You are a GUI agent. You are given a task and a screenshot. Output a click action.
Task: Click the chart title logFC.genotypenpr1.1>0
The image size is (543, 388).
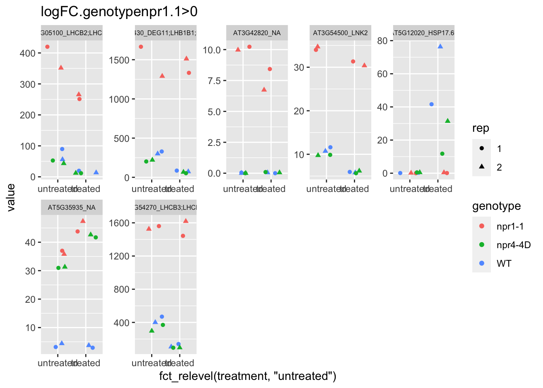(119, 12)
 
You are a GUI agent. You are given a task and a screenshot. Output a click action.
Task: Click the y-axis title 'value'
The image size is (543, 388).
(11, 197)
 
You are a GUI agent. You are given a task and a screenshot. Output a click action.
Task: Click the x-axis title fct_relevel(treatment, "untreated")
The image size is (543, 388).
(248, 376)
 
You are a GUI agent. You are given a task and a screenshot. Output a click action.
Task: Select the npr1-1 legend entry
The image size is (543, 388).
(510, 226)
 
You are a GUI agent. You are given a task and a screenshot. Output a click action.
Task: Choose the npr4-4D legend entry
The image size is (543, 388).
(513, 245)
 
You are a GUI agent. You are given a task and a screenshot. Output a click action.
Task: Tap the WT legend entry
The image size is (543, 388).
(504, 264)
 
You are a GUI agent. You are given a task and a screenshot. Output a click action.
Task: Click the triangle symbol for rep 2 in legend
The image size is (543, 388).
(482, 167)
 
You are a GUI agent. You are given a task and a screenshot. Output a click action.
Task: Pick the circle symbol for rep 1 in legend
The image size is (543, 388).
(482, 148)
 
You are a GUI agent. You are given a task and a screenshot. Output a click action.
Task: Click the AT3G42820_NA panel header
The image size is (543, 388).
(257, 33)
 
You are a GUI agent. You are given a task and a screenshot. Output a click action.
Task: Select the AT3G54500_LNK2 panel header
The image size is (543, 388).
(340, 33)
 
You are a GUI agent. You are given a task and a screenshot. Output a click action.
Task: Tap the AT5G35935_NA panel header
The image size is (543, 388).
(72, 208)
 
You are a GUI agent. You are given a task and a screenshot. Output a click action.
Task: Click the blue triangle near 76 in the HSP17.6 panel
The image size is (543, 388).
(440, 46)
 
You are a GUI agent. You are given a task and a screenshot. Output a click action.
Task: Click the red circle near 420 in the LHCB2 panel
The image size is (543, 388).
(47, 47)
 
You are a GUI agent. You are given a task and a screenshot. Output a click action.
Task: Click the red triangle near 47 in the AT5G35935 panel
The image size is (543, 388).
(83, 221)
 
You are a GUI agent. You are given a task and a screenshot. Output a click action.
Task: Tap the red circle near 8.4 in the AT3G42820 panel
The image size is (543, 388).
(270, 69)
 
